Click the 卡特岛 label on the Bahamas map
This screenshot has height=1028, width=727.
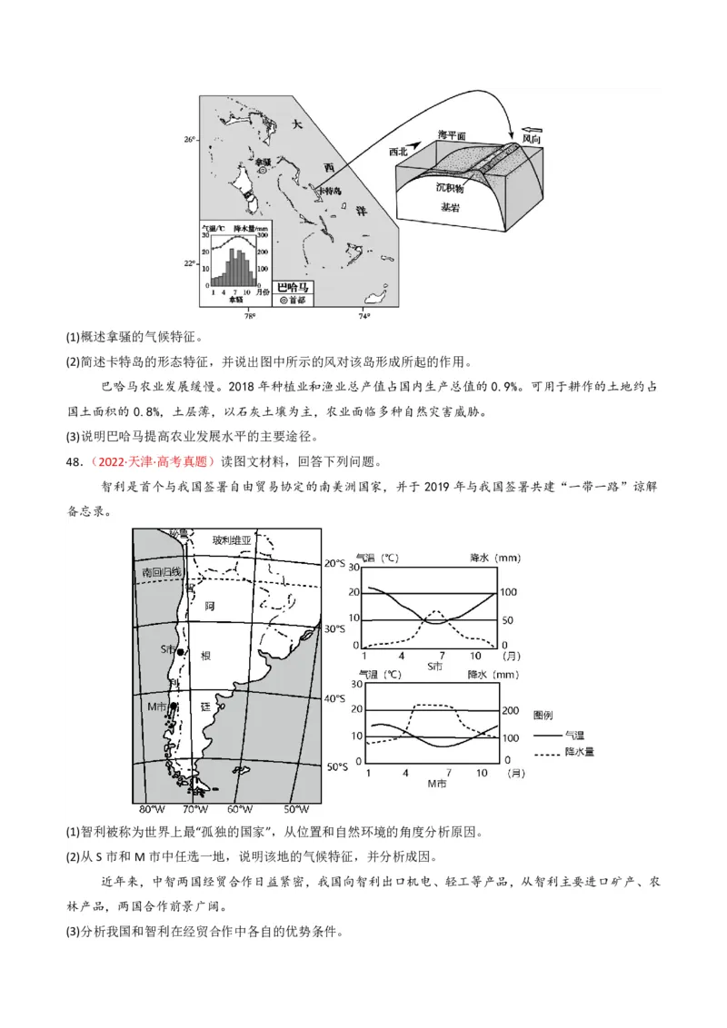327,193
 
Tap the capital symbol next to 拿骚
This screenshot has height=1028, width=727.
262,169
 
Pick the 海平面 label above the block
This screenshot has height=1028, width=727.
452,134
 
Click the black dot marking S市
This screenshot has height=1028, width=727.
181,652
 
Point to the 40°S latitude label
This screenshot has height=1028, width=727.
335,698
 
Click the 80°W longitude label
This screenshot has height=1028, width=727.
151,808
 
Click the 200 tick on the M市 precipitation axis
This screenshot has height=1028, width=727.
512,710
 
